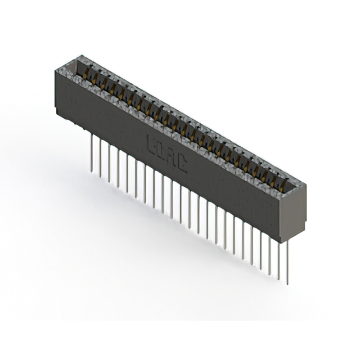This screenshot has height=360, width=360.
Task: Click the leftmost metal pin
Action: (x=91, y=152)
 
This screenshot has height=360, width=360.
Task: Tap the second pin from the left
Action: (x=100, y=157)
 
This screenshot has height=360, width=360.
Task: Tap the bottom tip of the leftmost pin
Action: (x=91, y=170)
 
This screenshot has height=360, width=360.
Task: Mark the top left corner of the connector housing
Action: (x=56, y=70)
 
